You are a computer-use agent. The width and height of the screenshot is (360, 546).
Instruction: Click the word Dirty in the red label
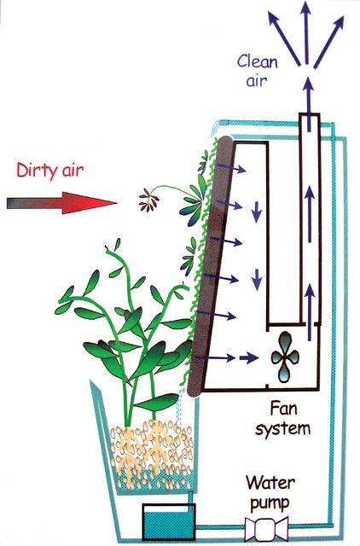pyautogui.click(x=36, y=171)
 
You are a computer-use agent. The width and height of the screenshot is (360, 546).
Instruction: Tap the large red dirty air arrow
pyautogui.click(x=61, y=203)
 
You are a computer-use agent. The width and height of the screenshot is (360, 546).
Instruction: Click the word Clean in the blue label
pyautogui.click(x=258, y=61)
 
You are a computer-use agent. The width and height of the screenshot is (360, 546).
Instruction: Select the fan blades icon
pyautogui.click(x=285, y=357)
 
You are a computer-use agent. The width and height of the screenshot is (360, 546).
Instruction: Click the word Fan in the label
pyautogui.click(x=284, y=409)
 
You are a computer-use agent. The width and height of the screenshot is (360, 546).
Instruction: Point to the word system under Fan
pyautogui.click(x=282, y=428)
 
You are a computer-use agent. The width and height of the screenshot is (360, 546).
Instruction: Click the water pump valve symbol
pyautogui.click(x=266, y=529)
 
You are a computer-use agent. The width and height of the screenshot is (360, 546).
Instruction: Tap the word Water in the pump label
pyautogui.click(x=270, y=483)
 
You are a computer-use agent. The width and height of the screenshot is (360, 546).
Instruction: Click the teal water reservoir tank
pyautogui.click(x=169, y=522)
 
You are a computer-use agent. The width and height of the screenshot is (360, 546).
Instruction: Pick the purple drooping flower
pyautogui.click(x=149, y=199)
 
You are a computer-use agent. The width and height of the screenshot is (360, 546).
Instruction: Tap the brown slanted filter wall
pyautogui.click(x=212, y=265)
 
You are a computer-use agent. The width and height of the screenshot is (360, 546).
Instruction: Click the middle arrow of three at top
pyautogui.click(x=305, y=32)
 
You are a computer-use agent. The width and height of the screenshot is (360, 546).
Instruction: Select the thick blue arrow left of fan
pyautogui.click(x=248, y=357)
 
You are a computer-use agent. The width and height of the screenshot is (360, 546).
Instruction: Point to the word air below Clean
pyautogui.click(x=257, y=81)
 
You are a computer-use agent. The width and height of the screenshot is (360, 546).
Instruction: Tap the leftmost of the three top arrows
pyautogui.click(x=284, y=38)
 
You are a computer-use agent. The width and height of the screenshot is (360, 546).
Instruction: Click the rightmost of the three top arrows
pyautogui.click(x=329, y=42)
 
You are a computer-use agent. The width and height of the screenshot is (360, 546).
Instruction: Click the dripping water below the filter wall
pyautogui.click(x=180, y=408)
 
